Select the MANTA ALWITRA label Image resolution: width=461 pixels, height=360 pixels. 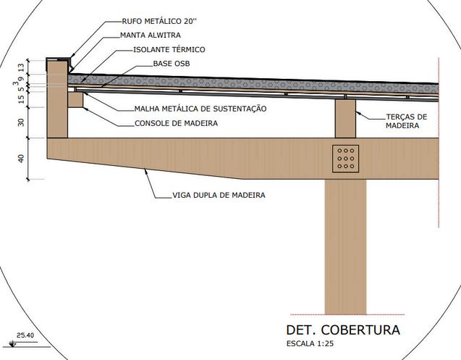click(150, 35)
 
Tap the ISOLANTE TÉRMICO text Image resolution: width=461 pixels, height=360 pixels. click(169, 49)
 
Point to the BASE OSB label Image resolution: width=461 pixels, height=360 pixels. click(172, 64)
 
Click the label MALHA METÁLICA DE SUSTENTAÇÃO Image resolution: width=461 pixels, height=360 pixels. click(200, 109)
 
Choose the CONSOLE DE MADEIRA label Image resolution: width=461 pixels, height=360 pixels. click(176, 123)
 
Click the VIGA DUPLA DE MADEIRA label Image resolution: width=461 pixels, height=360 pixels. click(218, 196)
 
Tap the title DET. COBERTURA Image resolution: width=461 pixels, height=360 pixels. click(342, 330)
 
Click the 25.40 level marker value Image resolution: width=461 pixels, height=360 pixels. click(26, 335)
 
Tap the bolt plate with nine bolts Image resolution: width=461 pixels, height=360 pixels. click(345, 159)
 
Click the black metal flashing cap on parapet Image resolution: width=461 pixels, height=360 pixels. click(58, 56)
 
